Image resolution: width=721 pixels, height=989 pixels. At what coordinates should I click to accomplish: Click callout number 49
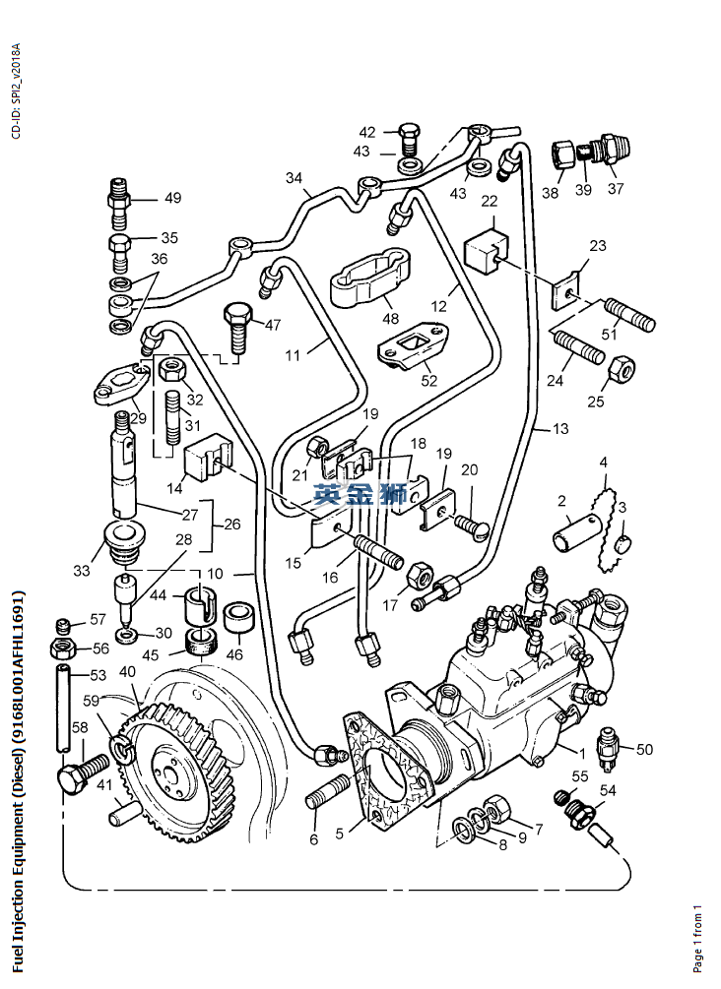[x=172, y=198]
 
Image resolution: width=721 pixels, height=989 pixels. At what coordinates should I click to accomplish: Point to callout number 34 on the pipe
[x=294, y=178]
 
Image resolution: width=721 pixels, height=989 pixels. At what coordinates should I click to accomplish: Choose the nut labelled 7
[x=496, y=809]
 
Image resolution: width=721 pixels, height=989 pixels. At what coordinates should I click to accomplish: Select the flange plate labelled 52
[x=412, y=352]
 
